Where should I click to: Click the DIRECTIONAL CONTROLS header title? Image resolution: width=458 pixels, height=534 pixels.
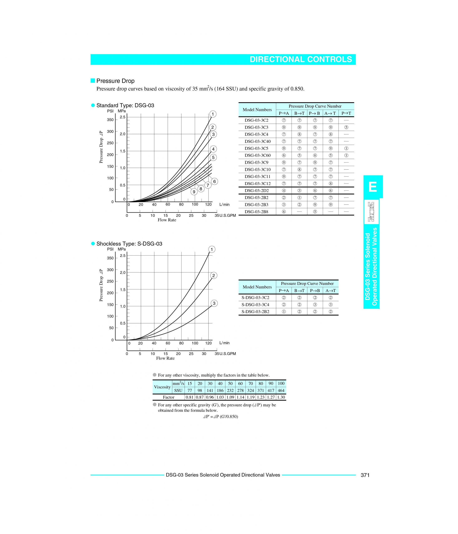tap(301, 59)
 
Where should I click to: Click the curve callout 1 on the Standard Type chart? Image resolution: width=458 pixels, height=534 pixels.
tap(213, 114)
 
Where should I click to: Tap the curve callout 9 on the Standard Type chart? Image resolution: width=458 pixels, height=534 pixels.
tap(194, 192)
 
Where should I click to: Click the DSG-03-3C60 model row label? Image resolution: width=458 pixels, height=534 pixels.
tap(258, 155)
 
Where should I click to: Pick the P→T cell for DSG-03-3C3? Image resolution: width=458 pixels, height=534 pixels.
tap(346, 127)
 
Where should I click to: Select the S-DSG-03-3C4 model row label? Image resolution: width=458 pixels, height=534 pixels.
tap(255, 305)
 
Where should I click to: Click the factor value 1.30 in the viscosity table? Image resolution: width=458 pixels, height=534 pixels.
tap(281, 397)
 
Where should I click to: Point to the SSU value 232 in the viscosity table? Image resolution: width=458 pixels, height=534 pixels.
tap(230, 390)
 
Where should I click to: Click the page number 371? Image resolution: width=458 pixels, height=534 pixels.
tap(365, 475)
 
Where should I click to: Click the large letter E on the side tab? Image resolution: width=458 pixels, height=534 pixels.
tap(373, 187)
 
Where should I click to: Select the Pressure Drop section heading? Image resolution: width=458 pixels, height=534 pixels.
tap(115, 81)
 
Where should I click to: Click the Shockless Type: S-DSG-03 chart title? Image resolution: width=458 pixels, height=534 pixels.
tap(129, 244)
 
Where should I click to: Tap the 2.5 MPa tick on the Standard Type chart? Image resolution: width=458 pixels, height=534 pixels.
tap(122, 117)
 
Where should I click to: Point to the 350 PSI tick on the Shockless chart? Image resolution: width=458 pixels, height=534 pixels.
tap(110, 258)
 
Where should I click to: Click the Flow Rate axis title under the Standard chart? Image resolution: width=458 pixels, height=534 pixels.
tap(167, 220)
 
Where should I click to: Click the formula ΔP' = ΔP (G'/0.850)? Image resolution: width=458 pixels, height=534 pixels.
tap(220, 417)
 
